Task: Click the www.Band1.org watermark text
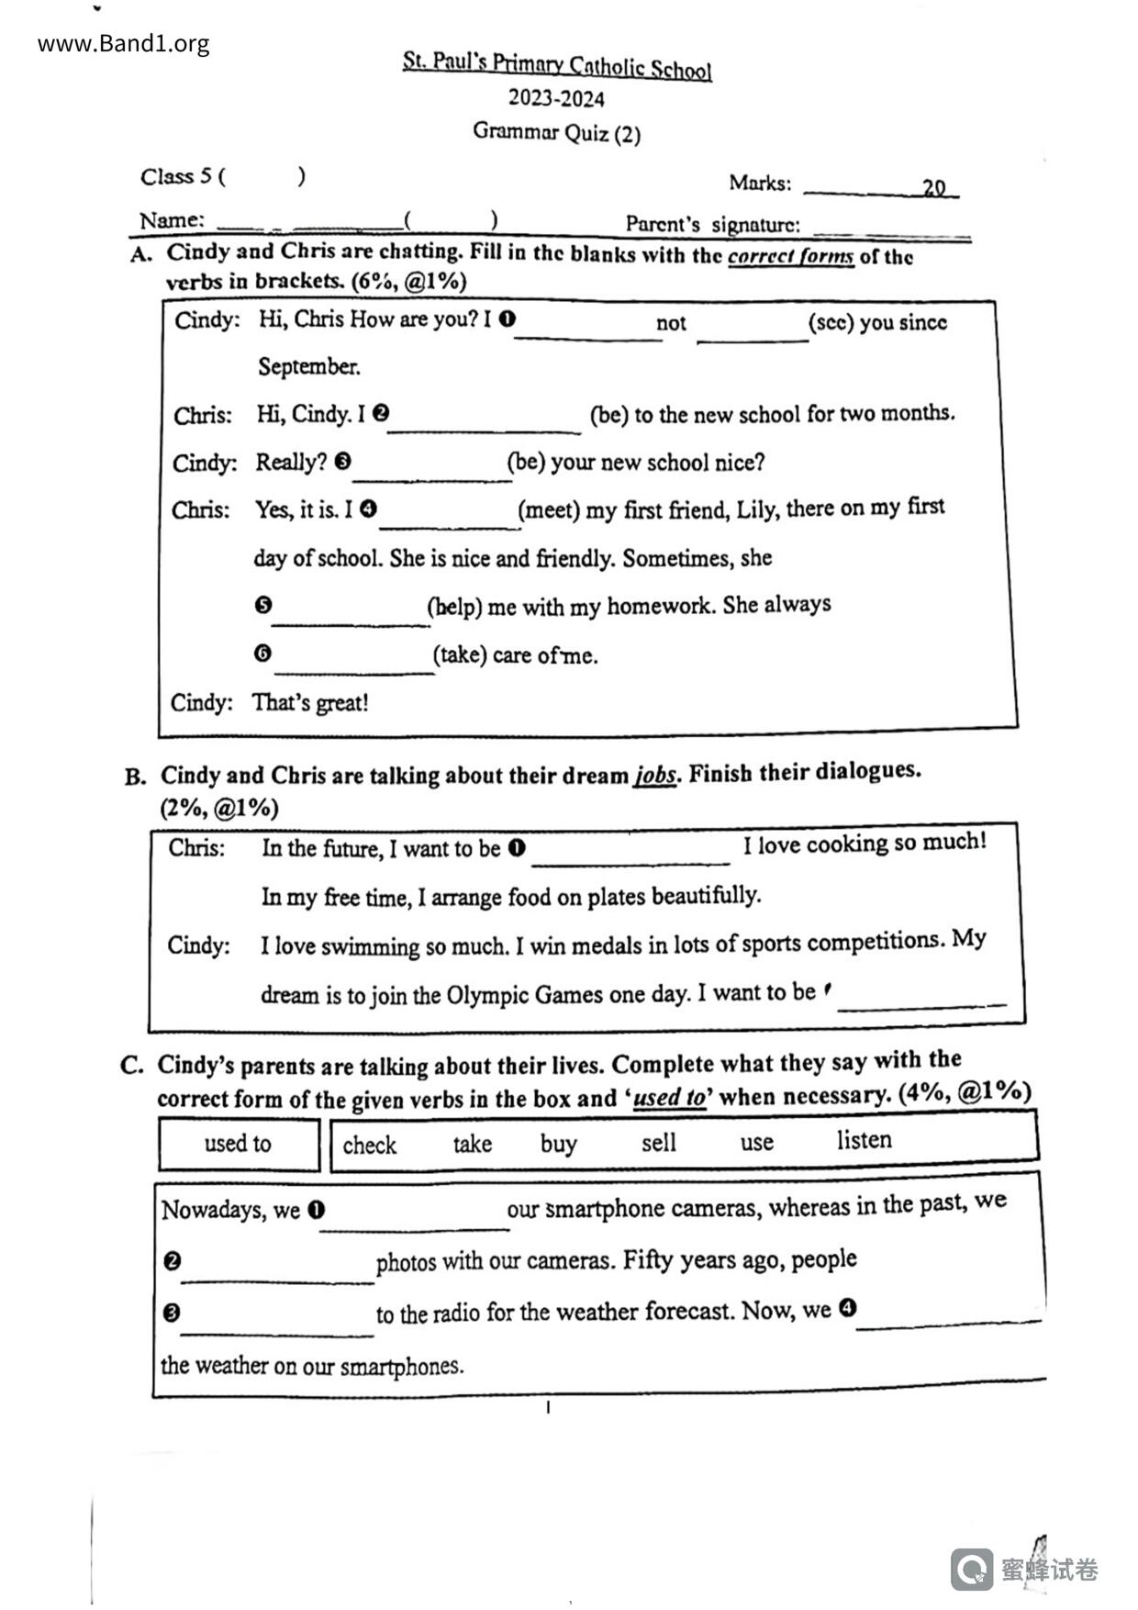[x=123, y=43]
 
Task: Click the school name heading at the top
[x=557, y=65]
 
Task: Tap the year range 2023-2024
[x=556, y=98]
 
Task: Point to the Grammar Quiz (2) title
[x=556, y=132]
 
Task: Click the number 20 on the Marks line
[x=933, y=187]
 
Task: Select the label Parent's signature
[x=712, y=224]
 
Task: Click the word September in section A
[x=308, y=366]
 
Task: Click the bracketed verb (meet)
[x=549, y=509]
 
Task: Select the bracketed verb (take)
[x=460, y=654]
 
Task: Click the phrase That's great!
[x=310, y=703]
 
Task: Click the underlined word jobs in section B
[x=654, y=775]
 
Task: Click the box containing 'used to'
[x=238, y=1144]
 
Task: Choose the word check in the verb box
[x=369, y=1145]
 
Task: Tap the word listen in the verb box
[x=864, y=1140]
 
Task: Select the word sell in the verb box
[x=658, y=1143]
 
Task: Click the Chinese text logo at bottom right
[x=1049, y=1569]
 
